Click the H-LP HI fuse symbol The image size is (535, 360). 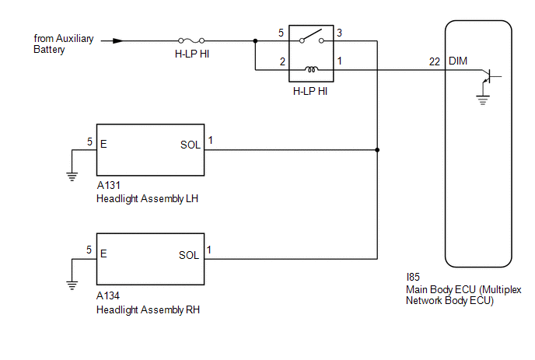pos(191,41)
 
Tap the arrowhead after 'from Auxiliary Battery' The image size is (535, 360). pos(118,41)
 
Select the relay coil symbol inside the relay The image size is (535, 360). pos(311,69)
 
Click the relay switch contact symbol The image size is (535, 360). pos(311,37)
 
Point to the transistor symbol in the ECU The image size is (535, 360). pos(488,76)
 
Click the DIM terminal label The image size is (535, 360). pos(458,61)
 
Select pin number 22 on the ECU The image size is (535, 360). pos(435,61)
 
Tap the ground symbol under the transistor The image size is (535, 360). pos(483,100)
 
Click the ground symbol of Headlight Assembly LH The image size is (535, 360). pos(72,177)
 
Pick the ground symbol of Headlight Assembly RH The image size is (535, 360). pos(72,285)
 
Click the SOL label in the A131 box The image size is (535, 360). pos(191,145)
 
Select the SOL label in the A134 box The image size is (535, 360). pos(189,255)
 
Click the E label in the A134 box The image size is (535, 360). pos(103,253)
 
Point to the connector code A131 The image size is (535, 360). pos(109,185)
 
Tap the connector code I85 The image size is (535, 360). pos(413,277)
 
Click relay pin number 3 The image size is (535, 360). pos(339,33)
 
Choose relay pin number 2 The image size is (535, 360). pos(282,61)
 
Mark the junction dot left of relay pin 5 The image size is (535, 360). pos(255,41)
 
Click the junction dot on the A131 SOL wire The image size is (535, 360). pos(377,150)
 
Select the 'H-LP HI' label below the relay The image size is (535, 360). pos(310,91)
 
